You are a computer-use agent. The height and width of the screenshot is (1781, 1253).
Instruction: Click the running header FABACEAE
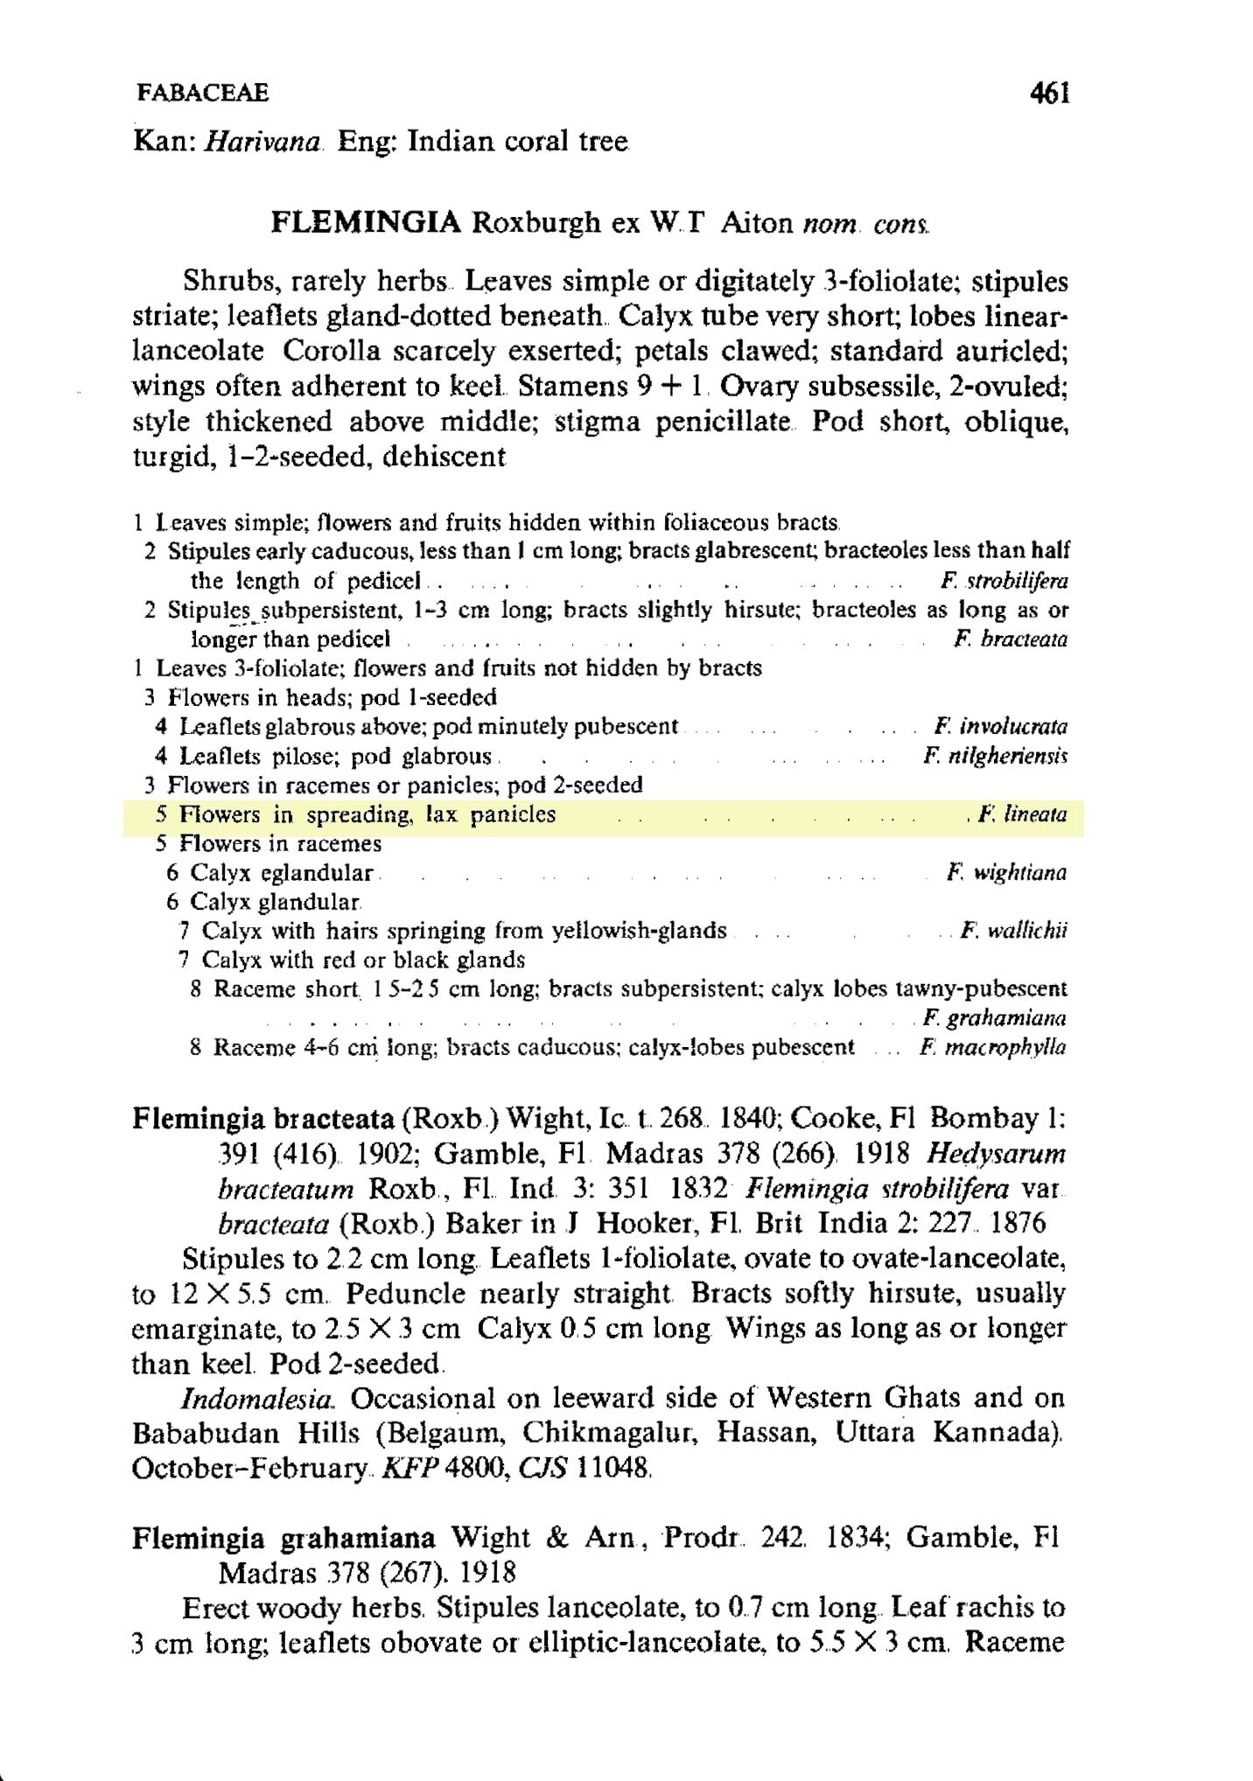pos(202,93)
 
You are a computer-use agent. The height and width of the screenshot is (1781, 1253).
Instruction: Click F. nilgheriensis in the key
pos(995,755)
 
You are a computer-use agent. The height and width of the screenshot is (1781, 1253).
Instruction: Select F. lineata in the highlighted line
pos(1022,814)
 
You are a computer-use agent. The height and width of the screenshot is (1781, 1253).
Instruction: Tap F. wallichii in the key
pos(1013,931)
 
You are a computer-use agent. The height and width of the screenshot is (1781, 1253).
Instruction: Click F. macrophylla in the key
pos(992,1047)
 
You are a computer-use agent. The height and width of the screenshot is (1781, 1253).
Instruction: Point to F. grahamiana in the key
pos(995,1018)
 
